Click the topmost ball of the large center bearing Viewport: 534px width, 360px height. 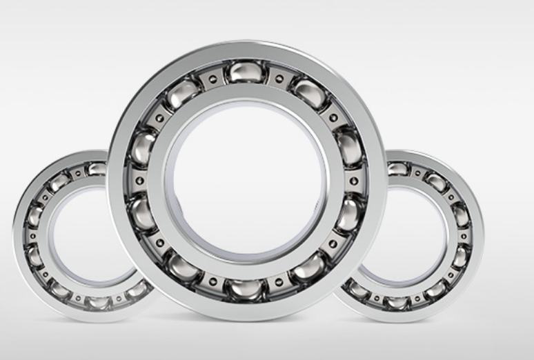(246, 70)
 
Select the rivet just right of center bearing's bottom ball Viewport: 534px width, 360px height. (278, 281)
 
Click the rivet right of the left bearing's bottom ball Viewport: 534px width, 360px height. (119, 298)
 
